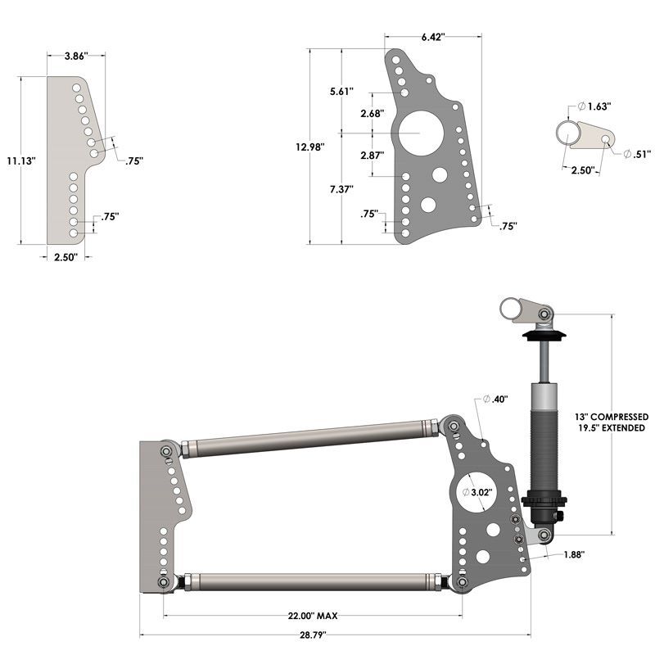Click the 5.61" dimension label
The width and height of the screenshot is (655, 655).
[341, 91]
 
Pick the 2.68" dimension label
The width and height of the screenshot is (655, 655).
[372, 114]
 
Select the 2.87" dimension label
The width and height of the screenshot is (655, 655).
[372, 155]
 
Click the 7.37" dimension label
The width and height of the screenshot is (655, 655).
[341, 188]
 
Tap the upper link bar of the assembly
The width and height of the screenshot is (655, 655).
[309, 437]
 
